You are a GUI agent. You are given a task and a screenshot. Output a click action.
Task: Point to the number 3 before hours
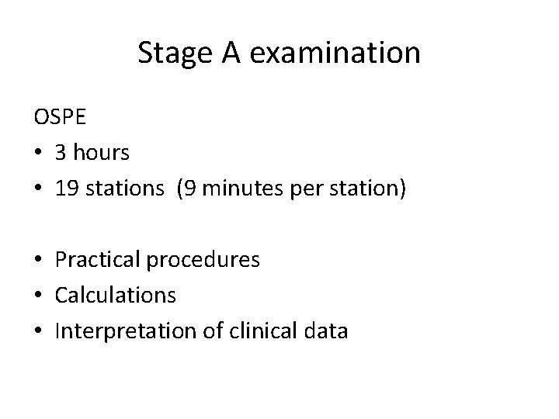pyautogui.click(x=61, y=153)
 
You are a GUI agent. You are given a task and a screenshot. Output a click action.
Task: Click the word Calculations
pyautogui.click(x=116, y=296)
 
